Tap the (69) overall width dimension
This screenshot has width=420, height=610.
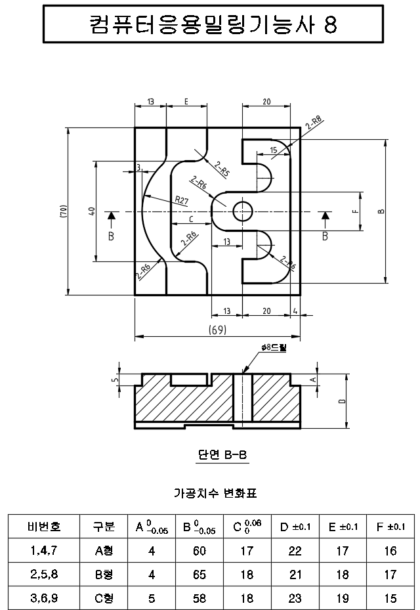[217, 330]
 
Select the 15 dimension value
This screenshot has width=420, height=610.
[273, 150]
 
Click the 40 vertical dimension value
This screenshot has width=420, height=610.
[93, 211]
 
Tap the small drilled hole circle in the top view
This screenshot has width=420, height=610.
[243, 211]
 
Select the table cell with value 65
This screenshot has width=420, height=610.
[199, 575]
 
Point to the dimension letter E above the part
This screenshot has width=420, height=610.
[186, 102]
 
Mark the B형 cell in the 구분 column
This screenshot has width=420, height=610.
[104, 575]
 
